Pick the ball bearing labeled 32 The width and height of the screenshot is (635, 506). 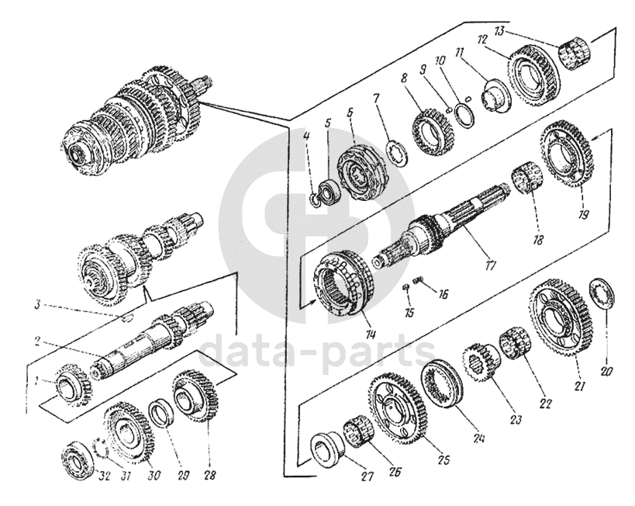pyautogui.click(x=78, y=460)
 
